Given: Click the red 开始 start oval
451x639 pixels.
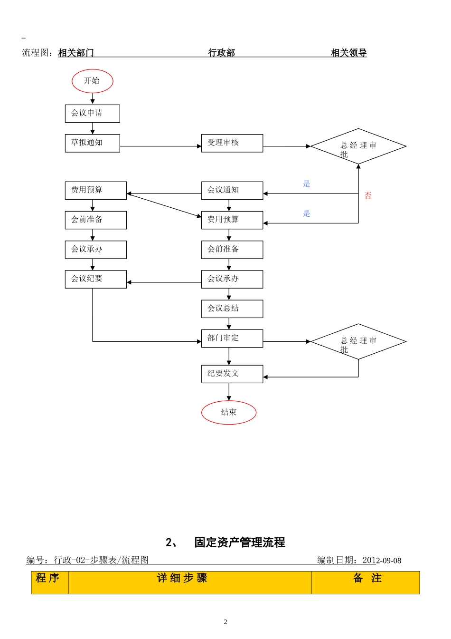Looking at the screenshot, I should pos(92,81).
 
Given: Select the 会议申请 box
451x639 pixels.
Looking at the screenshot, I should pos(92,113).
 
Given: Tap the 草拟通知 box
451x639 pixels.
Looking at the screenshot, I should pos(92,143).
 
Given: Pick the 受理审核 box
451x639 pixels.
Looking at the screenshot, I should pos(232,143).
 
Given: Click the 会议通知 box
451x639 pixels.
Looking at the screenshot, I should pos(232,190).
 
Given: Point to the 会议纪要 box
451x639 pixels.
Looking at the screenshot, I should pos(95,279).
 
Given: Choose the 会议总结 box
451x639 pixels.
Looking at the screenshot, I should pos(232,309).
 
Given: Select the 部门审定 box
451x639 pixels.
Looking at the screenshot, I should pos(232,338).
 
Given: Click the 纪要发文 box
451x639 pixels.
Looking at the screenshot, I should pos(232,374).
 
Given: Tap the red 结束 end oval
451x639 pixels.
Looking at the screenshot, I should pos(229,412).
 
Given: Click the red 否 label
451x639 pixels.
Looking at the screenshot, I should pos(368,195).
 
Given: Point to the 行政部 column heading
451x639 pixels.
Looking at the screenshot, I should pos(222,53).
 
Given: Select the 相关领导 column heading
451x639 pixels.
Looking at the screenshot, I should pos(348,53).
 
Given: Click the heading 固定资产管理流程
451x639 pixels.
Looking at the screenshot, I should pos(239,542).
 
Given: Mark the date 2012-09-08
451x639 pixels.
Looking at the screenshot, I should pos(382,561).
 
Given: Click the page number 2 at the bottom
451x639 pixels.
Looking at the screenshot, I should pos(225,621).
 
